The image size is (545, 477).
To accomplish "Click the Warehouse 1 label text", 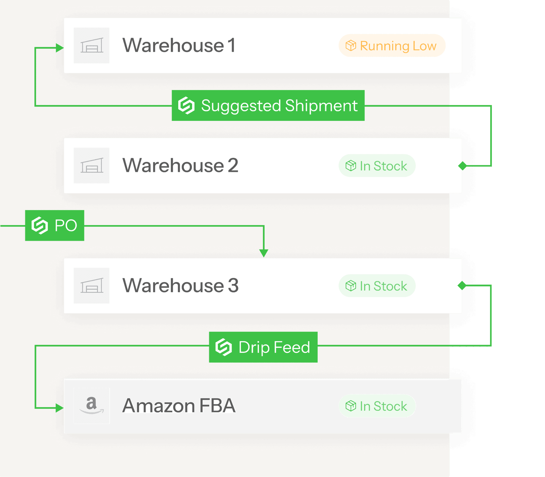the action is [179, 45].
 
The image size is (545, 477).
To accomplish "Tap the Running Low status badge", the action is [392, 45].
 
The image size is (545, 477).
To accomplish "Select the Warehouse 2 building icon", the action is [91, 166].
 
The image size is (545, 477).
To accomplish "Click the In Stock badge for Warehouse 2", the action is [377, 166].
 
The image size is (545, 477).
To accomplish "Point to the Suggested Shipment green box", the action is [268, 106].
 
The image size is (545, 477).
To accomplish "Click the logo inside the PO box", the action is [39, 225].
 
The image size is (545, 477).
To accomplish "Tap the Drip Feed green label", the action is [263, 347].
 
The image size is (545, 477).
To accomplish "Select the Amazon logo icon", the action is [91, 405].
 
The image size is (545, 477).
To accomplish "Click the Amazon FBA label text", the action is [179, 405].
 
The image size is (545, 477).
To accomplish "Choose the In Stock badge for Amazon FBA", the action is [377, 406].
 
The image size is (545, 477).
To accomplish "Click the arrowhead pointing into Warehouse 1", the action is [60, 48].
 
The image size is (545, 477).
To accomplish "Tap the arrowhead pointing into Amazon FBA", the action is [60, 408].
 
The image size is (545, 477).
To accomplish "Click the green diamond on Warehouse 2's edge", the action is [463, 166].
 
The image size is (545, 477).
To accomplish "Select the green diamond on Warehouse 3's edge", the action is [462, 285].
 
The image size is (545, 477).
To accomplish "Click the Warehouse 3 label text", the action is [181, 285].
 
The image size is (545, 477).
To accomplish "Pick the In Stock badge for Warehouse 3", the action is [377, 286].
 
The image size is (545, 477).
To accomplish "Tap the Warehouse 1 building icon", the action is [91, 45].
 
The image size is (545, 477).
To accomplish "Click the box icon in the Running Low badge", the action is [351, 45].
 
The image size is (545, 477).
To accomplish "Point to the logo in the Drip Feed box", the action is [224, 347].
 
